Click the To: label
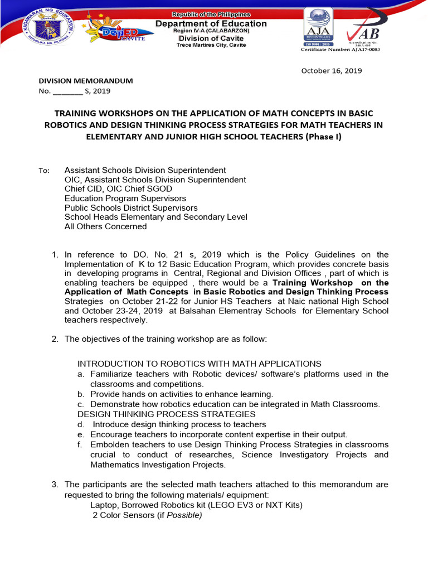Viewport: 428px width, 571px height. click(x=44, y=171)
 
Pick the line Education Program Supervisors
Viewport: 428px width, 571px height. click(x=125, y=198)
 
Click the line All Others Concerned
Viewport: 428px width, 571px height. click(x=105, y=226)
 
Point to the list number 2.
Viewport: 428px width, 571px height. click(x=55, y=339)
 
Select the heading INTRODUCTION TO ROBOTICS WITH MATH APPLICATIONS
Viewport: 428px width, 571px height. click(x=199, y=364)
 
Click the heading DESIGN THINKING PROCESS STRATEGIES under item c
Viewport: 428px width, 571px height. click(x=166, y=414)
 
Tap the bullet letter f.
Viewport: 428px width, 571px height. click(x=80, y=445)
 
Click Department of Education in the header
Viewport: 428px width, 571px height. click(x=211, y=23)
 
